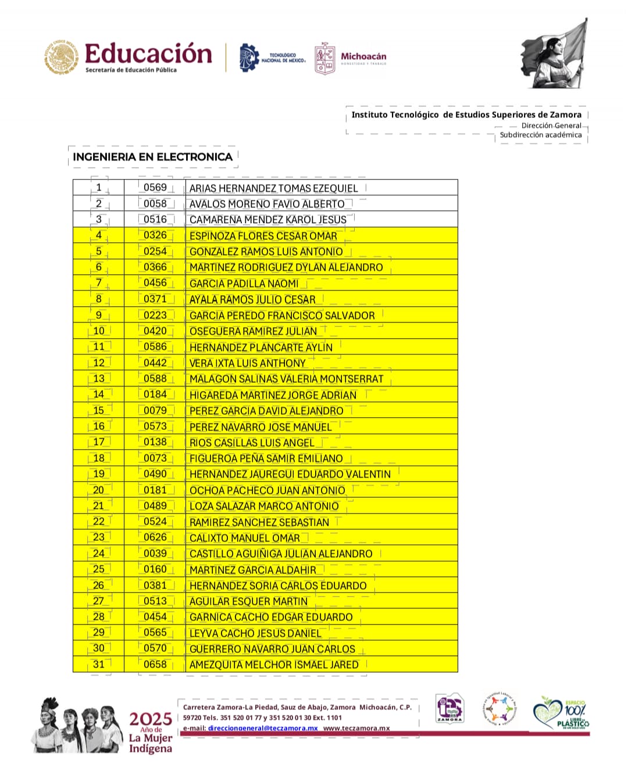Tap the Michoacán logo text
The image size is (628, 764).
click(363, 57)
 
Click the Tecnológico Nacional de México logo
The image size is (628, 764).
click(272, 58)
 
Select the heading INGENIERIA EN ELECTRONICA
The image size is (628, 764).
click(152, 157)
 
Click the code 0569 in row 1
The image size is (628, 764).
click(155, 188)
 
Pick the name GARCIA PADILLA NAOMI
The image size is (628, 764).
click(244, 284)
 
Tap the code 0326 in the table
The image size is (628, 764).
click(155, 235)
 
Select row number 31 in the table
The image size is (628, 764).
click(99, 664)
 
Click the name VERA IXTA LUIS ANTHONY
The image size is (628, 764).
click(248, 363)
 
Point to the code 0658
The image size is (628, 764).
click(155, 664)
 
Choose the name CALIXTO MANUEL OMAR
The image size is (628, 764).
click(245, 538)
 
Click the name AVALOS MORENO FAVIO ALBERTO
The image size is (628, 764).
click(267, 204)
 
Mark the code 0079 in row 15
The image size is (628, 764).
click(155, 411)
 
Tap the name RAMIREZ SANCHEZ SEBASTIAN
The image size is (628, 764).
click(259, 522)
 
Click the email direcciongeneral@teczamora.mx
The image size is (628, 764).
click(263, 728)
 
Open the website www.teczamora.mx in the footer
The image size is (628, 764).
click(356, 728)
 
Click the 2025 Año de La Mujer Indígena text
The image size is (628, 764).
click(151, 733)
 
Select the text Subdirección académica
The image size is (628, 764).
click(541, 135)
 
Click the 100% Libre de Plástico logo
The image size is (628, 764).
click(562, 713)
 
